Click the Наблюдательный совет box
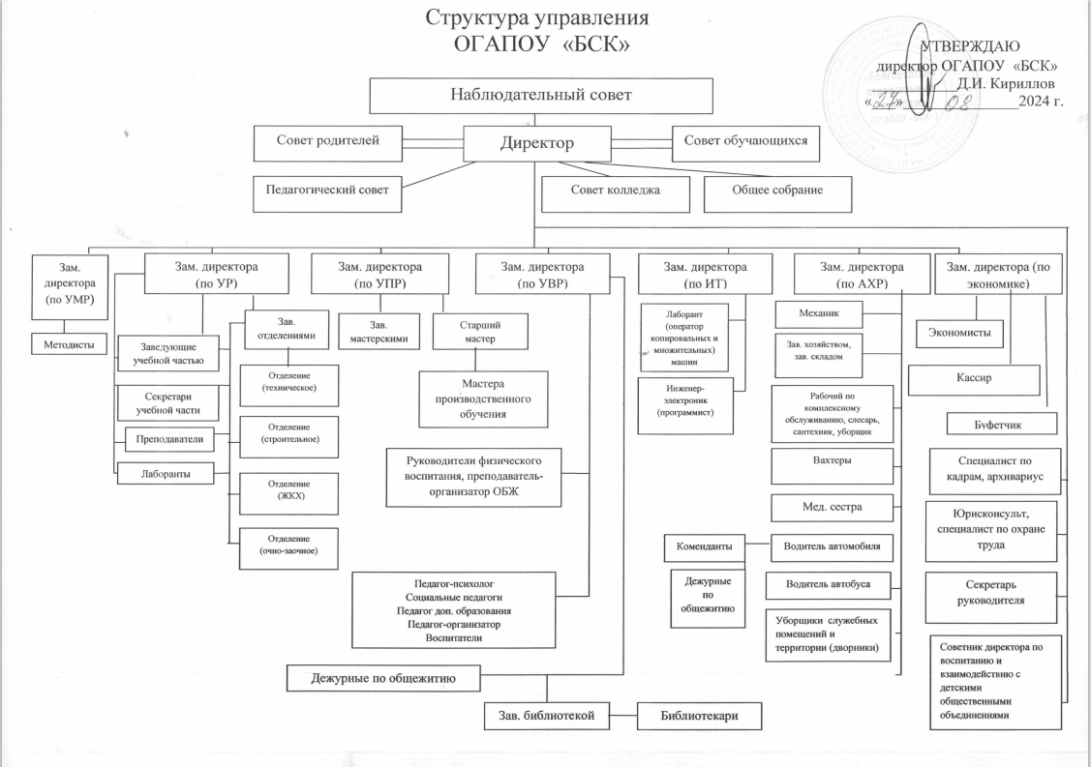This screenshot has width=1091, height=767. click(540, 95)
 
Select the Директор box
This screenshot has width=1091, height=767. click(536, 143)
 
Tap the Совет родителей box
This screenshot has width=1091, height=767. click(328, 142)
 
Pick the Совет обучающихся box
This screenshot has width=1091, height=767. click(746, 142)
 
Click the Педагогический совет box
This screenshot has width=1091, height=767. click(327, 190)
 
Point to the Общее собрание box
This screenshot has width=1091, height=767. click(776, 191)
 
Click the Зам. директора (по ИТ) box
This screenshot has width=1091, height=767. click(705, 274)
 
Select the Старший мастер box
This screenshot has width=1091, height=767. click(480, 330)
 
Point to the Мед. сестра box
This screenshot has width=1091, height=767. click(831, 506)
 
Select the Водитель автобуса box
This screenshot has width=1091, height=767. click(831, 584)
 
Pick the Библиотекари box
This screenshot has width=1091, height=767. click(699, 716)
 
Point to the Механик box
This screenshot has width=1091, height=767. click(819, 313)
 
